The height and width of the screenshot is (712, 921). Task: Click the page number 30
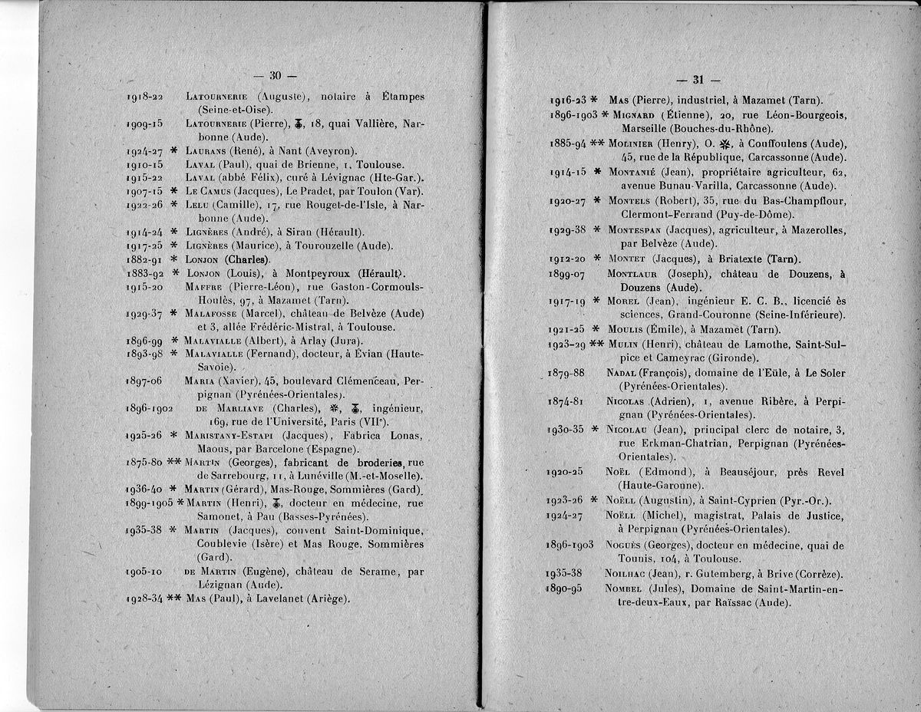pos(276,74)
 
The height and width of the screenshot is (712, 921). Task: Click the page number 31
pos(698,79)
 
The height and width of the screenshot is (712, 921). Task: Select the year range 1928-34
pos(144,598)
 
